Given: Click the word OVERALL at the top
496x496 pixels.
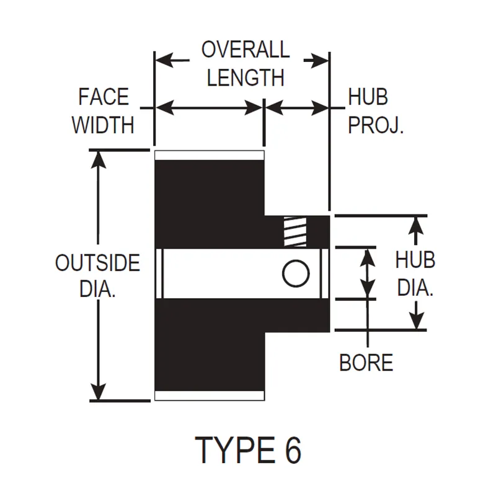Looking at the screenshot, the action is (246, 50).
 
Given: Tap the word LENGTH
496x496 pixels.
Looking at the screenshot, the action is (246, 78).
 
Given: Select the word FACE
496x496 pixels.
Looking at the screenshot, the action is (104, 97).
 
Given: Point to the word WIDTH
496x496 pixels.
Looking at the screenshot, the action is (103, 125).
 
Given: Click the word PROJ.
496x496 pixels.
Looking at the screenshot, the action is (376, 125).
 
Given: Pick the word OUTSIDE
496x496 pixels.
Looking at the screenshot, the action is (98, 263).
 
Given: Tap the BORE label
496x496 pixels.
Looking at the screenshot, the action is (366, 363).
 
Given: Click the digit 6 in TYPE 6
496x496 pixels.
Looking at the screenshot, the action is (293, 450).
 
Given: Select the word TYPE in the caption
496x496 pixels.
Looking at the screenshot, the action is (235, 450).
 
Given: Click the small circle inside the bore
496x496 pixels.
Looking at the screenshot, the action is (296, 273).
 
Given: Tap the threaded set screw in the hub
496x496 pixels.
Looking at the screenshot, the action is (295, 232).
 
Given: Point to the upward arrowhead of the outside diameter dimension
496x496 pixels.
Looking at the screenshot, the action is (99, 160).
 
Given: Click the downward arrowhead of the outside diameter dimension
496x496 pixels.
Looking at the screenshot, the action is (99, 392).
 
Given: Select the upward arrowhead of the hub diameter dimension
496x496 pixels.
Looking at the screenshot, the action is (416, 225).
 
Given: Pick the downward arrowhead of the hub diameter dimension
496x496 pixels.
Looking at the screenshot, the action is (416, 321).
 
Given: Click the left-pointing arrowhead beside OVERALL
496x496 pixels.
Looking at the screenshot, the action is (164, 60).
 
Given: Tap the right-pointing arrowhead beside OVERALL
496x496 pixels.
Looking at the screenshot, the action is (320, 60).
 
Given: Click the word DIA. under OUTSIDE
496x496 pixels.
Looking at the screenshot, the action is (98, 288).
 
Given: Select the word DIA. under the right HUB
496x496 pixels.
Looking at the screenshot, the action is (415, 288).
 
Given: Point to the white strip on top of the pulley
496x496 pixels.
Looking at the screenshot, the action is (210, 156).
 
